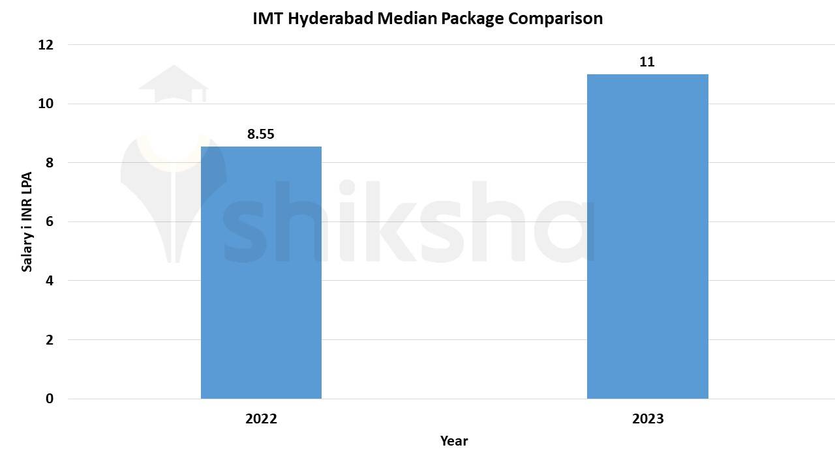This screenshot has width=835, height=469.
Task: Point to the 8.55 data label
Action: pos(260,135)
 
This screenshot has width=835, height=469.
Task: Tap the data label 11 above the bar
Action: pos(647,63)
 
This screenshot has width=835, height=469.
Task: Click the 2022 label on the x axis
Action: pos(261,419)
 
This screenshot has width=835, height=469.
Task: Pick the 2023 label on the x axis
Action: pos(647,419)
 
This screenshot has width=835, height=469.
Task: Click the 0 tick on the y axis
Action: pos(50,399)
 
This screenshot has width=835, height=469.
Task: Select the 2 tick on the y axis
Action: pos(50,340)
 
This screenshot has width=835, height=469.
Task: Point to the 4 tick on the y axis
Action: pos(50,281)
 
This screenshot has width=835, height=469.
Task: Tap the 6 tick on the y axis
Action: pos(50,221)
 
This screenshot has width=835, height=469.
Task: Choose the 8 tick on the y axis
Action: pos(50,163)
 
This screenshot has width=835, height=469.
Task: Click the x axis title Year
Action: pos(453,441)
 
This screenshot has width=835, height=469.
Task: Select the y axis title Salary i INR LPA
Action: pos(27,221)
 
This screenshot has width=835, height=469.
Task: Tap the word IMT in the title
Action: pos(268,19)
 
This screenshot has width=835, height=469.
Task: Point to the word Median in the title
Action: pos(407,19)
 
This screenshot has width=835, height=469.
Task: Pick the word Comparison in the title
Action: pos(555,19)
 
